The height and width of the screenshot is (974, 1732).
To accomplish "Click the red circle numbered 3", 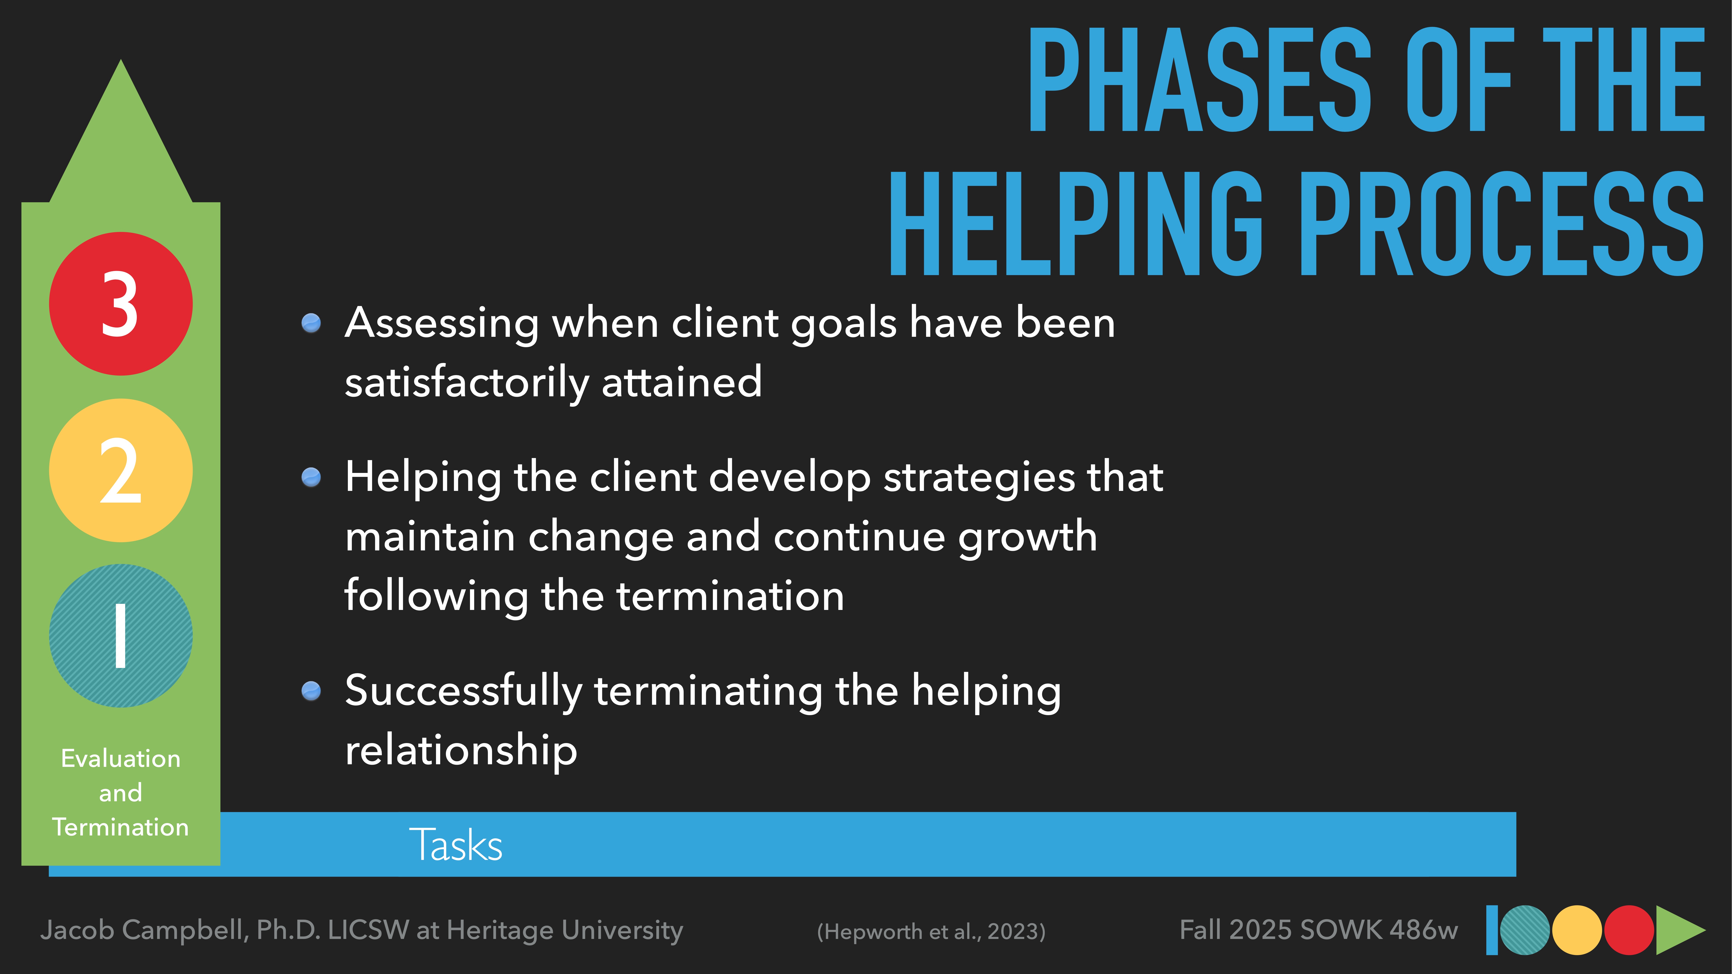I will pos(121,304).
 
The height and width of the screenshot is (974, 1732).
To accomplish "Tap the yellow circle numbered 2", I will pos(121,471).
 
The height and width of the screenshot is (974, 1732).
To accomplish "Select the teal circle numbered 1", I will pos(121,636).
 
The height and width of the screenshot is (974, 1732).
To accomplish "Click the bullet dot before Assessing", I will pos(311,323).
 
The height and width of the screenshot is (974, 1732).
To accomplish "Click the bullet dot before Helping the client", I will pos(311,477).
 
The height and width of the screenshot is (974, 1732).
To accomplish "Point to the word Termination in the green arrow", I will pos(121,827).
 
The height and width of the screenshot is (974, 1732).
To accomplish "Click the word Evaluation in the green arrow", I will pos(121,758).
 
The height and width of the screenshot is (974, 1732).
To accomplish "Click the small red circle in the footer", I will pos(1629,930).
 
